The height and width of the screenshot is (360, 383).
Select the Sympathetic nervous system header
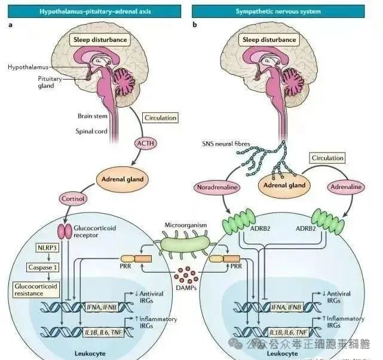[x=286, y=11]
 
